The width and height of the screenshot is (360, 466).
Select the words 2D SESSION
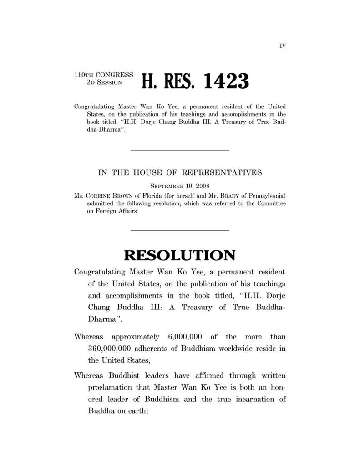pos(104,83)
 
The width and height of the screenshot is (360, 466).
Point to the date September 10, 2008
pos(180,186)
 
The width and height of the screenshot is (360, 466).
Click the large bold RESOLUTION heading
pos(180,255)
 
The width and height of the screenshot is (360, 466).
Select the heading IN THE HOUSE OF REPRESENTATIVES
pos(180,173)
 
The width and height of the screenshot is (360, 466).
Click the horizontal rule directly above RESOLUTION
pos(180,231)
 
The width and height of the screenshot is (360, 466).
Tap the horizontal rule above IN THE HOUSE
pos(180,150)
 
